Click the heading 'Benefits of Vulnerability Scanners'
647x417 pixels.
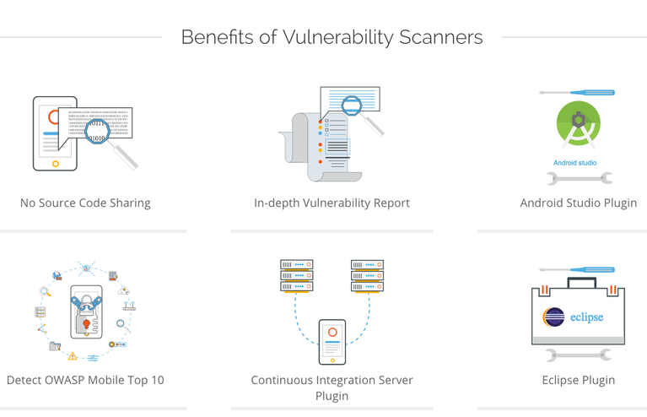tap(332, 38)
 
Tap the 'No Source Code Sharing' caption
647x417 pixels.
tap(85, 203)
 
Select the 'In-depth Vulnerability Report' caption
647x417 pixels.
tap(332, 203)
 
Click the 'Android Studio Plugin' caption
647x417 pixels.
tap(578, 203)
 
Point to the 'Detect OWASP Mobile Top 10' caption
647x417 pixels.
tap(85, 380)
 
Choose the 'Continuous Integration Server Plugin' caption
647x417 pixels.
tap(332, 387)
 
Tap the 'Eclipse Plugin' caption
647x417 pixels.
tap(578, 380)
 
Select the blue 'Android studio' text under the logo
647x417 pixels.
tap(575, 162)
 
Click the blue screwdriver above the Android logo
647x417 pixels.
tap(577, 92)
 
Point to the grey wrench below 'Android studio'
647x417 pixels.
tap(579, 178)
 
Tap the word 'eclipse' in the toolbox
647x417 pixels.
tap(585, 318)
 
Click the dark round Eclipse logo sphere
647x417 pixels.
tap(554, 318)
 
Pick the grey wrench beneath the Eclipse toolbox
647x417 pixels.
tap(579, 355)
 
